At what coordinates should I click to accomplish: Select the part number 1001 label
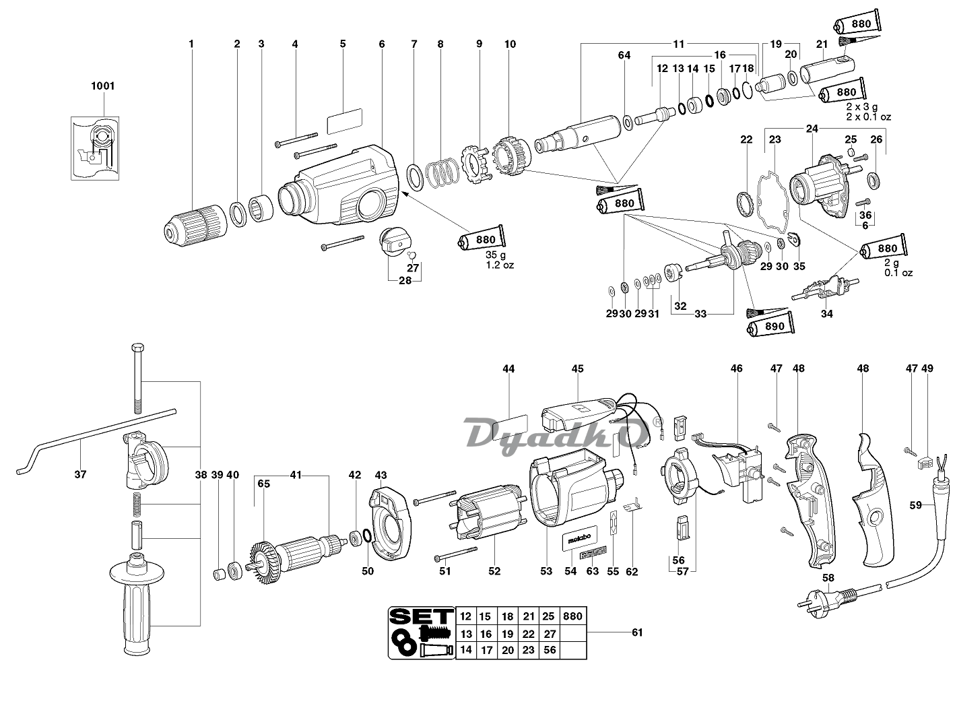click(x=102, y=86)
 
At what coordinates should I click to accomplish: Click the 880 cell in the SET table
click(x=572, y=616)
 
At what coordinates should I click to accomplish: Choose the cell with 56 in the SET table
click(x=550, y=650)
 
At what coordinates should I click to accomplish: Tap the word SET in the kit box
click(x=421, y=617)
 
